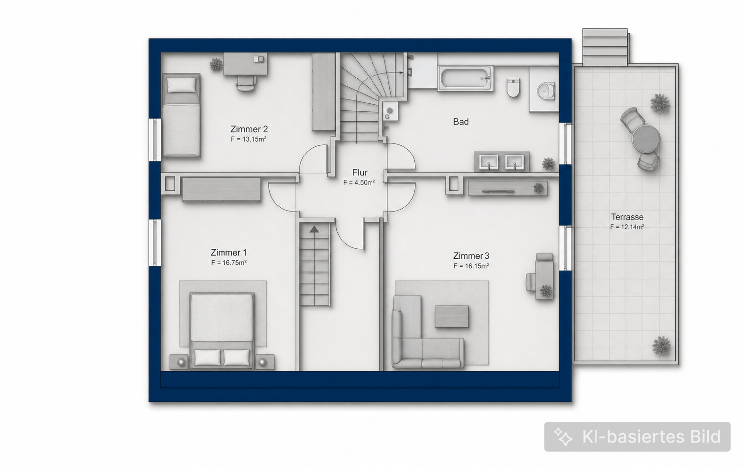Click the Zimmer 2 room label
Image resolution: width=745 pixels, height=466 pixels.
(x=249, y=129)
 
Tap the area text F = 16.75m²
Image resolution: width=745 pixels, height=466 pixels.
(x=229, y=263)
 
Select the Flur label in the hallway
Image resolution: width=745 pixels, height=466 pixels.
(x=360, y=172)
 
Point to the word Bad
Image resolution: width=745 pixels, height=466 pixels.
(x=461, y=122)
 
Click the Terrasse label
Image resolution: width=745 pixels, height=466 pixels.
(x=627, y=217)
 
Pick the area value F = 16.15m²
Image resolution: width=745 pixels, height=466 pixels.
(x=471, y=266)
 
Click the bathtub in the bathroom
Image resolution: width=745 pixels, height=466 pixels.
(x=465, y=78)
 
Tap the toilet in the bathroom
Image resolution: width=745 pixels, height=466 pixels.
(x=513, y=87)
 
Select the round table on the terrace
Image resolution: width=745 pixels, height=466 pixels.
(x=646, y=139)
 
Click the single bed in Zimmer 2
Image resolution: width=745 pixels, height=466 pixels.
(x=181, y=115)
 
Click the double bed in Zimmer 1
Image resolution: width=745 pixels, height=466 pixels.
(x=222, y=331)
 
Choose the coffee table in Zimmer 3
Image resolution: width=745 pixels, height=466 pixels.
(x=451, y=316)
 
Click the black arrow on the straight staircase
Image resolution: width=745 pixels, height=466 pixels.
(x=314, y=229)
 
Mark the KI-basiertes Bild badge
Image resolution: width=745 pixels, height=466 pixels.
(x=637, y=436)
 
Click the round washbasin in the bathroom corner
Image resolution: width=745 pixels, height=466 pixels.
(x=546, y=90)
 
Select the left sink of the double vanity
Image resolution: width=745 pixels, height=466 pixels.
(x=489, y=162)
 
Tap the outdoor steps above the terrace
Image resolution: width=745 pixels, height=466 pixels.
(x=605, y=47)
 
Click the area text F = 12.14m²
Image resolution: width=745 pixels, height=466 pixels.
(x=627, y=227)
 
